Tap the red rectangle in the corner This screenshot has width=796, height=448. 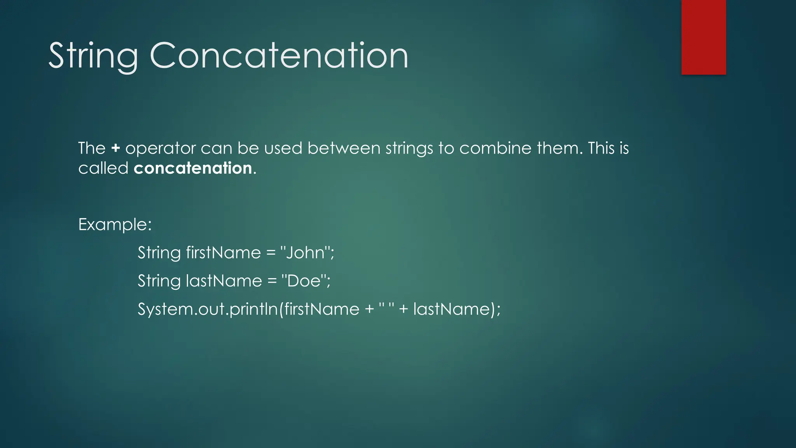pos(703,37)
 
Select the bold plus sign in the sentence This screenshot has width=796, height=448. pos(115,148)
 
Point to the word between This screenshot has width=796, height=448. pos(344,148)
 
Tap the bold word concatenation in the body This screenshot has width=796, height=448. pos(193,168)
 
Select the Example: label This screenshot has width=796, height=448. pos(115,224)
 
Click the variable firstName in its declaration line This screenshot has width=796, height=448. pos(223,253)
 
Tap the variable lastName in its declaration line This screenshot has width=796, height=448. pos(224,281)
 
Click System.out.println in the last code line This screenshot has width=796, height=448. pos(208,309)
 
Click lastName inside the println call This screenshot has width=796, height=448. pos(451,309)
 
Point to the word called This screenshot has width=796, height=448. pos(103,168)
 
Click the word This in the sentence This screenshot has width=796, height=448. pos(600,148)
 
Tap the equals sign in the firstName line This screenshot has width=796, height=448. pos(271,253)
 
